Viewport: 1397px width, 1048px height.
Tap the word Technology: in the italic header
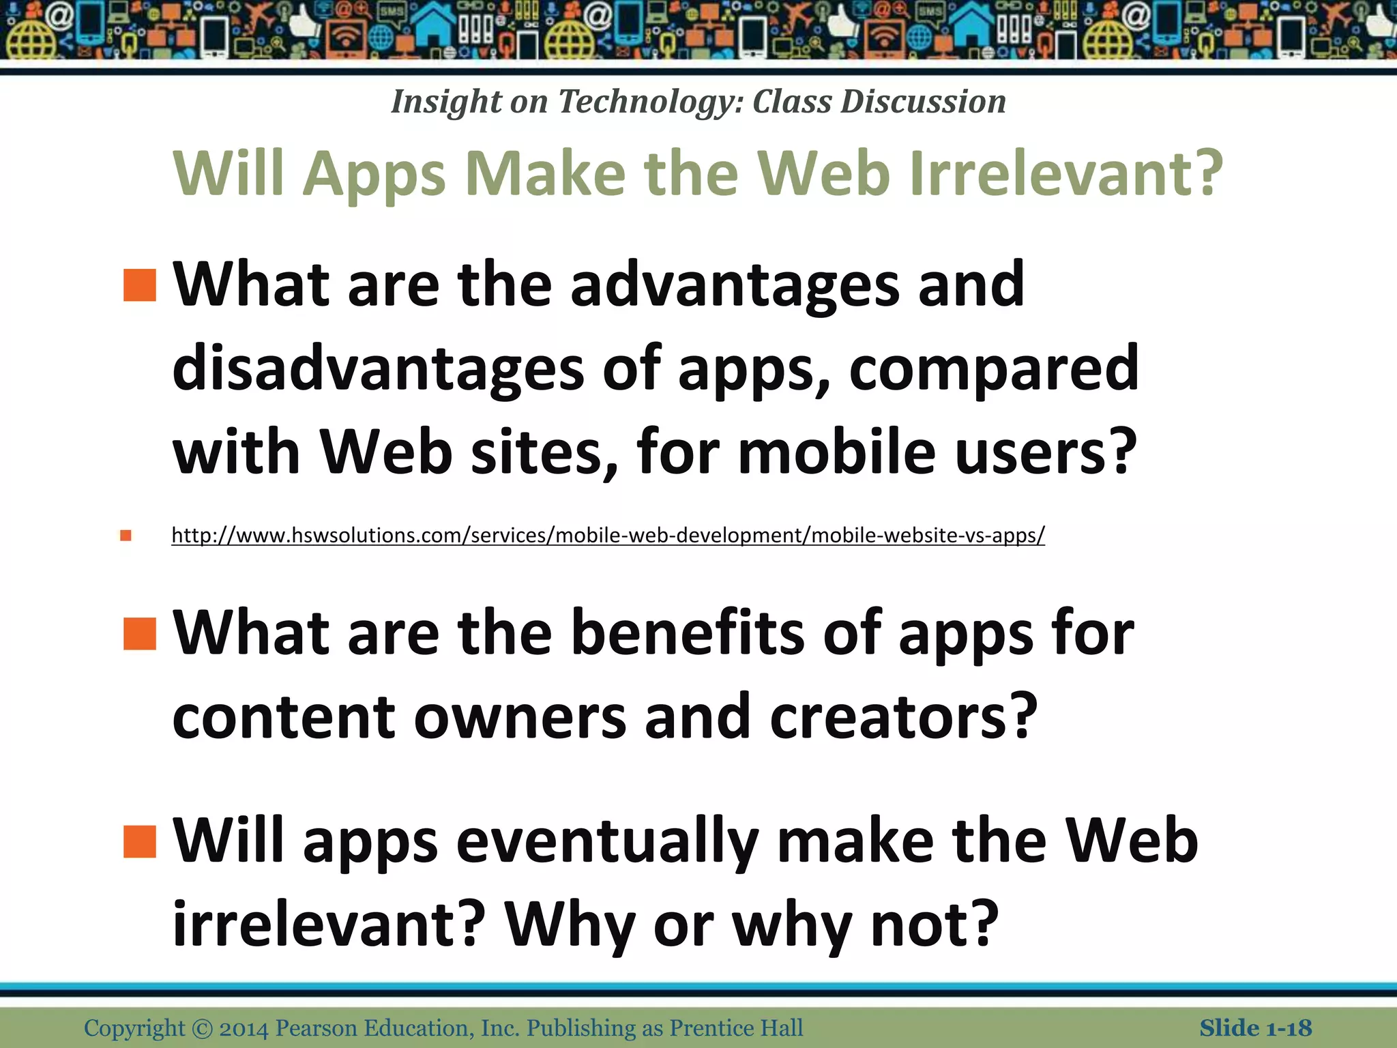coord(651,102)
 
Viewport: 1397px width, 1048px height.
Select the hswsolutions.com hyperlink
coord(608,535)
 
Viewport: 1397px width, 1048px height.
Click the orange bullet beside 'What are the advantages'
coord(140,285)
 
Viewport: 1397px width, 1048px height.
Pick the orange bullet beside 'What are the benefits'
coord(140,634)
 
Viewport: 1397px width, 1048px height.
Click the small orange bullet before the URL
coord(126,535)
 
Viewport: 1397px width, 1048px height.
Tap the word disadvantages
coord(378,369)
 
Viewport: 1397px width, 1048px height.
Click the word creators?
coord(904,716)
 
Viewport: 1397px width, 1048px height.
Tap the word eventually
coord(607,842)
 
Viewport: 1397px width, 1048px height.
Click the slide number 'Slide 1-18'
coord(1255,1028)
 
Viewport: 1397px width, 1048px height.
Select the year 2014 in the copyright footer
coord(244,1028)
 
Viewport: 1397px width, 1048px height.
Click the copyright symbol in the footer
coord(202,1028)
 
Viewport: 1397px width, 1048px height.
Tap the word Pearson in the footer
coord(317,1028)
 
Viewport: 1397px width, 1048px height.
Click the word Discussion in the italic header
coord(923,102)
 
